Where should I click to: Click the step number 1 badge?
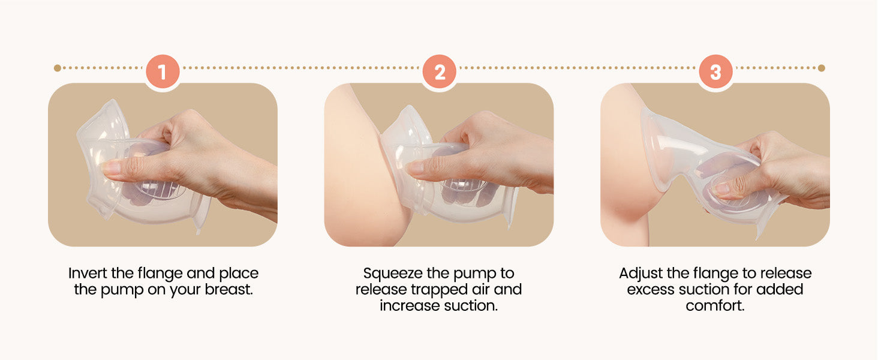[163, 72]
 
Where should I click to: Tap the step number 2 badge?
[440, 72]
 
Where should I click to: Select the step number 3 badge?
[715, 72]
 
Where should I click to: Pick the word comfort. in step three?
[715, 305]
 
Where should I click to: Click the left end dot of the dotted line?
[57, 68]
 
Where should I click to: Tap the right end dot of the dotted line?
[822, 68]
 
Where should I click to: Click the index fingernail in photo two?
[414, 168]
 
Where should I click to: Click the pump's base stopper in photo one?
[202, 213]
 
